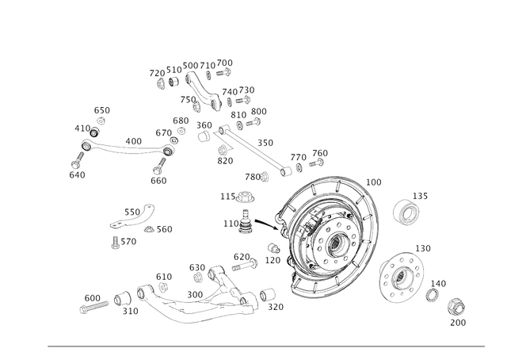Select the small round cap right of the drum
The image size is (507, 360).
(x=406, y=211)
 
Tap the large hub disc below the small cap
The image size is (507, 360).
(x=402, y=275)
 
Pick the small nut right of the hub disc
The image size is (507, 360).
(x=433, y=293)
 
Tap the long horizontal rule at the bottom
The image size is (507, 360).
(x=266, y=346)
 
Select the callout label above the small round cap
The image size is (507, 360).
(x=421, y=194)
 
